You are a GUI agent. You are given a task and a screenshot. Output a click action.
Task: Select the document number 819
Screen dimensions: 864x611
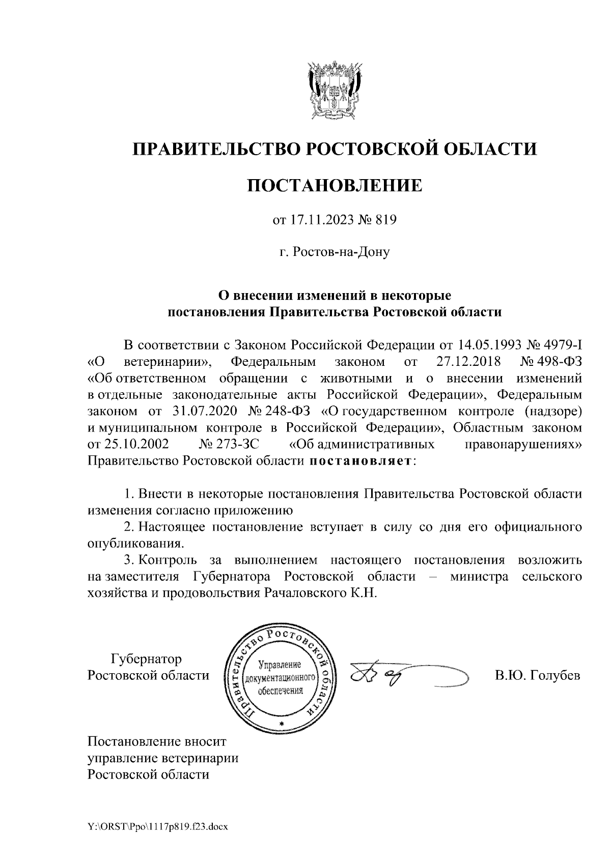coord(385,220)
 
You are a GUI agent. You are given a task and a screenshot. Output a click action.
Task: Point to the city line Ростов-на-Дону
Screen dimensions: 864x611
coord(335,252)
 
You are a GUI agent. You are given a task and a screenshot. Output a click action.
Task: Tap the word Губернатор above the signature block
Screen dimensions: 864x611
coord(146,659)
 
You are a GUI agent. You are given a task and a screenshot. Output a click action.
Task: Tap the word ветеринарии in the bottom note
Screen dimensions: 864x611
coord(200,758)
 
